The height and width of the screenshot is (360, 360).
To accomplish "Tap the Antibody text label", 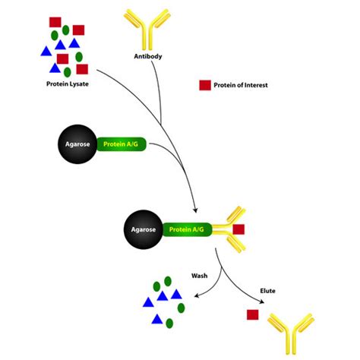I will pyautogui.click(x=147, y=56).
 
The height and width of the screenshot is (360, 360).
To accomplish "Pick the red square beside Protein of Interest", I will pyautogui.click(x=205, y=85).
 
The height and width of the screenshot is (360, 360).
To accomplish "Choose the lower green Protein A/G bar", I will pyautogui.click(x=188, y=229).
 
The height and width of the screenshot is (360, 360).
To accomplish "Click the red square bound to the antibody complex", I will pyautogui.click(x=238, y=229).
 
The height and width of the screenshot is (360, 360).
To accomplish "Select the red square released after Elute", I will pyautogui.click(x=252, y=314).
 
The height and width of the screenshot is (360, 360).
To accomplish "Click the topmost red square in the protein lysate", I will pyautogui.click(x=55, y=21).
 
